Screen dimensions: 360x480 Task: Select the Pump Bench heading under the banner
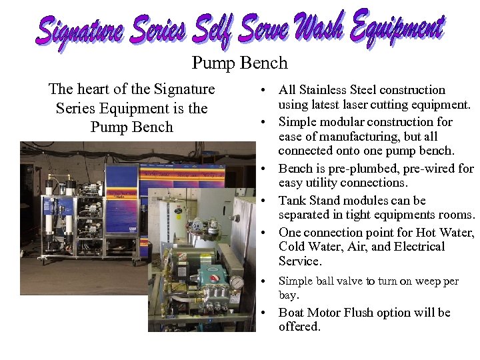coord(239,63)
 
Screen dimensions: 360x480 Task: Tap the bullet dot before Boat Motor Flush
coord(265,313)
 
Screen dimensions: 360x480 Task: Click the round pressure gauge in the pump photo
coord(236,282)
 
